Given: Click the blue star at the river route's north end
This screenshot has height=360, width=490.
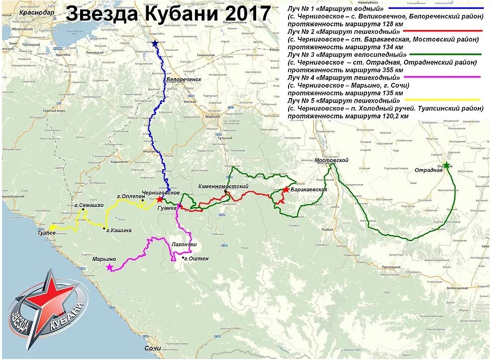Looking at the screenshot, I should tap(154, 44).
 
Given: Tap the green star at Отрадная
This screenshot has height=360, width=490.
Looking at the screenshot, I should tap(447, 165).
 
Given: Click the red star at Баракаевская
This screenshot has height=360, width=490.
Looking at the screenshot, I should tap(286, 190).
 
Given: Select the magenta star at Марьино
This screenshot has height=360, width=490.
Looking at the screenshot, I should tap(109, 267).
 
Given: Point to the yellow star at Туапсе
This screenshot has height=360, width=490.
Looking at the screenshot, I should tap(51, 227).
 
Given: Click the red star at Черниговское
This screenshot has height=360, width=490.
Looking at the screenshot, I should tap(159, 199).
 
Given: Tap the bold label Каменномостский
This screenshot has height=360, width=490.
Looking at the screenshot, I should tap(223, 186).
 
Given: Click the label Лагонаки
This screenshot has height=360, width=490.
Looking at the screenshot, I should tap(184, 244).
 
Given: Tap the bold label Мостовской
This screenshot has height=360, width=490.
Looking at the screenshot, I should tap(331, 160).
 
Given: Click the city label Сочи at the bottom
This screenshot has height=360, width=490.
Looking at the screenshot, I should tap(153, 348).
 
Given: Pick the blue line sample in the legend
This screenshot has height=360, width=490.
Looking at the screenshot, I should tap(437, 8).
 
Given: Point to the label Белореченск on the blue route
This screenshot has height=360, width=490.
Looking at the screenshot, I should tap(184, 79).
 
